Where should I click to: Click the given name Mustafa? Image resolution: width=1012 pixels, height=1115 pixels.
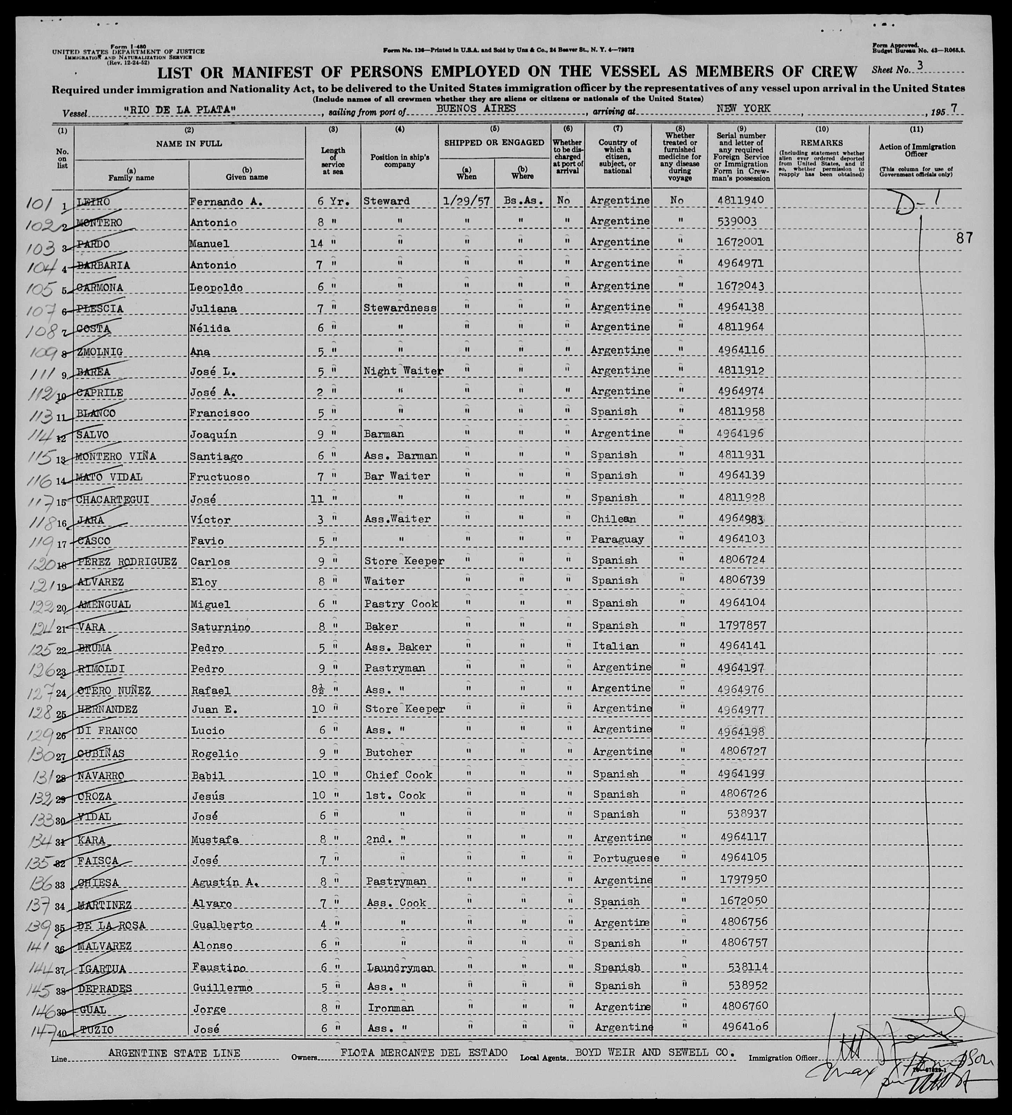(x=216, y=840)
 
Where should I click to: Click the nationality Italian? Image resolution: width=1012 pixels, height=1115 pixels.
(x=615, y=646)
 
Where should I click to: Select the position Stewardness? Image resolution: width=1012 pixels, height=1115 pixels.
(x=400, y=308)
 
